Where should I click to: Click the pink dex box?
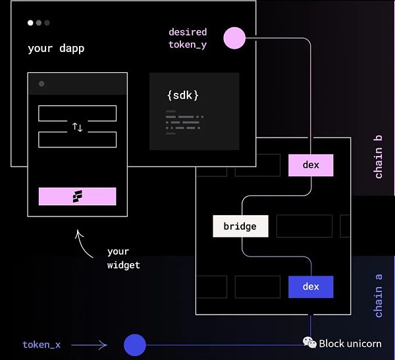click(x=311, y=165)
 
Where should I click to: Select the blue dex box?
click(x=311, y=287)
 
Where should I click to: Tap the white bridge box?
click(x=240, y=226)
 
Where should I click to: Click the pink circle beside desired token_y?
click(x=234, y=38)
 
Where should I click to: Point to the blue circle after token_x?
click(x=135, y=345)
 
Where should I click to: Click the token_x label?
click(x=41, y=345)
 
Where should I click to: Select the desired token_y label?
click(x=188, y=38)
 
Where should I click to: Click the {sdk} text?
click(x=182, y=95)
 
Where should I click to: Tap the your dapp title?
click(x=56, y=49)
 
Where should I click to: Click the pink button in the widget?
click(x=77, y=196)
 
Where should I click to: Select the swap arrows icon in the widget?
click(x=77, y=127)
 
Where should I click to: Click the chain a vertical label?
click(x=378, y=291)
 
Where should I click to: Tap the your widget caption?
click(x=124, y=259)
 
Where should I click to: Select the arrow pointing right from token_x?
click(x=89, y=345)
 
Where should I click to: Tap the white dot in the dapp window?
click(x=30, y=23)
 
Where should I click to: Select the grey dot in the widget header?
click(x=41, y=84)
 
